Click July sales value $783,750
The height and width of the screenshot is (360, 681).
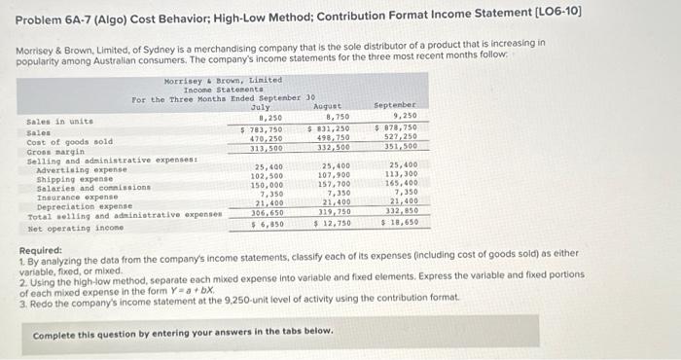(261, 129)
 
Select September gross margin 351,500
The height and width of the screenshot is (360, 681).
(396, 147)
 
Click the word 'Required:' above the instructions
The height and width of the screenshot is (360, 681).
(41, 250)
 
